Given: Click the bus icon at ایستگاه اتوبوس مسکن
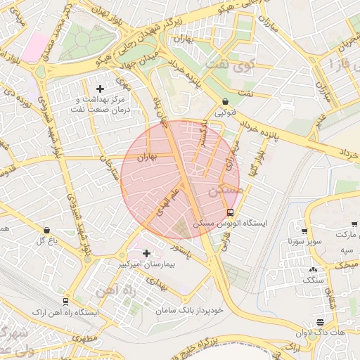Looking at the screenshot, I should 231,212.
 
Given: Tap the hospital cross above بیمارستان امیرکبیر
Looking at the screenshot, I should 147,254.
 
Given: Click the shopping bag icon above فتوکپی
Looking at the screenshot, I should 224,101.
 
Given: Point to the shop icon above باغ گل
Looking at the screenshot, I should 46,230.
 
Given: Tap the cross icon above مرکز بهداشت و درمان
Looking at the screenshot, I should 100,89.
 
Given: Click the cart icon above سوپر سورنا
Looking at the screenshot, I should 304,231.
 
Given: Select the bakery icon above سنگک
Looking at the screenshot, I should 312,269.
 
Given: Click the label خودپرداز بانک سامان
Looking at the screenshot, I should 190,309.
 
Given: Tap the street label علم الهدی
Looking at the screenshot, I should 167,202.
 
